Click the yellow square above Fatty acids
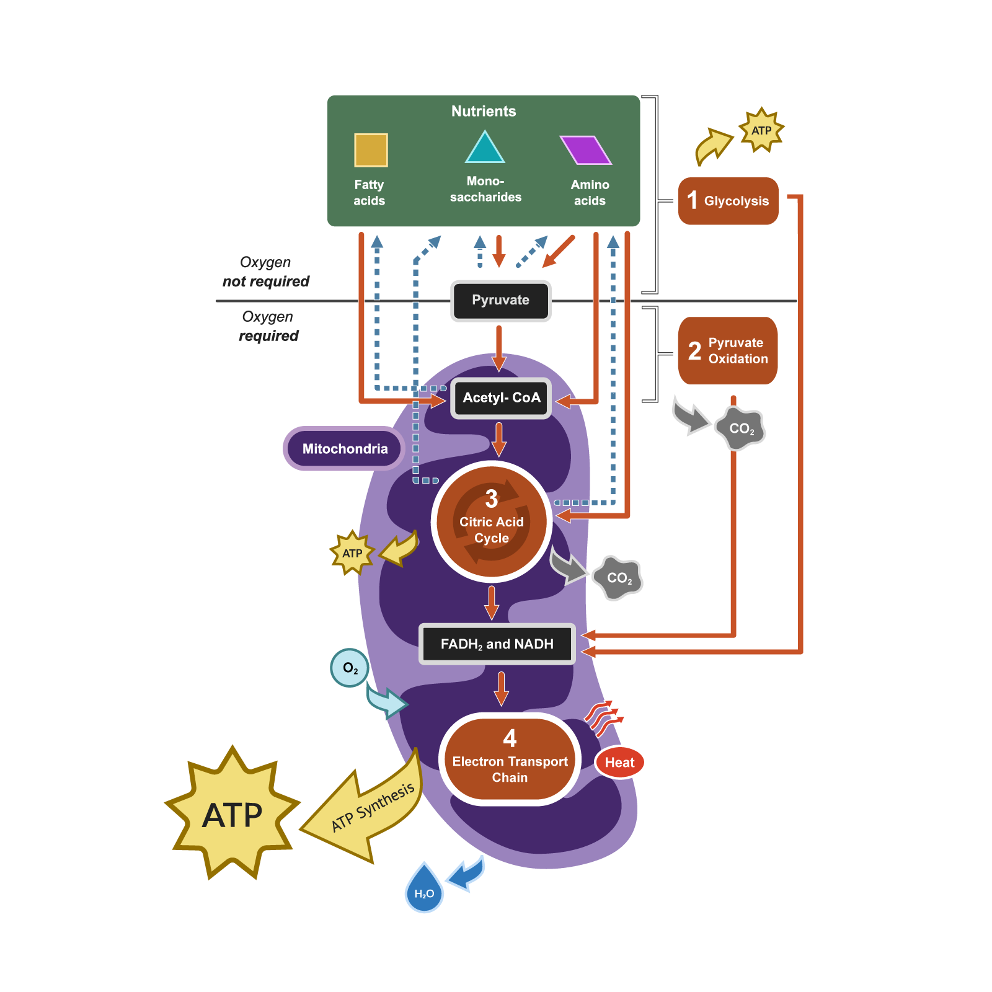point(371,150)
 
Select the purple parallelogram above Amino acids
point(586,150)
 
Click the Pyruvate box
point(500,301)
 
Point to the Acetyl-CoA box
point(501,398)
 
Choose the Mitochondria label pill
point(345,449)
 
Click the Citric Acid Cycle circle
point(492,521)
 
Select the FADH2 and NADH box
point(497,644)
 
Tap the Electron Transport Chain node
point(510,759)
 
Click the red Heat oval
point(619,763)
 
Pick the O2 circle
point(350,668)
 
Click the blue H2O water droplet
point(424,890)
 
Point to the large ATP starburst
point(232,813)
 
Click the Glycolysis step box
point(728,201)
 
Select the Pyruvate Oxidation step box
point(728,351)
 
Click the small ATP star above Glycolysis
point(761,130)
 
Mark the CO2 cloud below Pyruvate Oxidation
point(740,428)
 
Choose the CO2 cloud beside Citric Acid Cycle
point(618,578)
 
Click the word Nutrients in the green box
point(484,111)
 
